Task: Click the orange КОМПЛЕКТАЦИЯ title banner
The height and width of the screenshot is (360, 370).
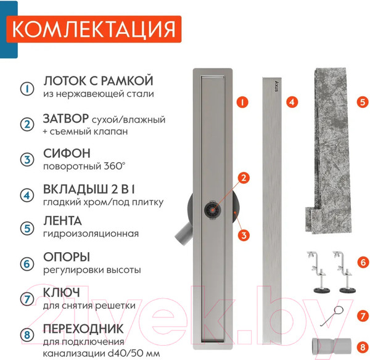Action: (x=94, y=29)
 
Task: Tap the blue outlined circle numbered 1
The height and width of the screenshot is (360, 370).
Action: (x=27, y=89)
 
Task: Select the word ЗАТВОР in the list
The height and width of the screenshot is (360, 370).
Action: (x=66, y=118)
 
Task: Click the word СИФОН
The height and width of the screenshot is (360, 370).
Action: (x=67, y=153)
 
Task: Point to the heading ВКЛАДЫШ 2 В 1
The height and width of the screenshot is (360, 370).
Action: (x=89, y=189)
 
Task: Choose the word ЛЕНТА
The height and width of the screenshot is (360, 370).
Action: (x=62, y=221)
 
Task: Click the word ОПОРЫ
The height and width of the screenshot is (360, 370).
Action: (x=67, y=257)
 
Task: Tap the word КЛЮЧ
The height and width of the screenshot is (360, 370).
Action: (x=61, y=293)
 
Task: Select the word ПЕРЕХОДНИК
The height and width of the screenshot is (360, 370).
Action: (x=83, y=329)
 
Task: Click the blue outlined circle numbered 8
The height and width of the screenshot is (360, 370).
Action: (x=27, y=335)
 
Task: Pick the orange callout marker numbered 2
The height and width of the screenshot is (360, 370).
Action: (x=244, y=178)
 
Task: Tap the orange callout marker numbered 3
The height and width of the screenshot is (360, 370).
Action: (x=244, y=235)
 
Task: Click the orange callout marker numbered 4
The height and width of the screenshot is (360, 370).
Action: (x=292, y=102)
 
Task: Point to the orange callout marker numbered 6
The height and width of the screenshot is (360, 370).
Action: (x=363, y=263)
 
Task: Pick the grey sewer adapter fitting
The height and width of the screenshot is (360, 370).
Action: (x=331, y=346)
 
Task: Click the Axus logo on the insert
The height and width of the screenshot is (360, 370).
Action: (x=276, y=86)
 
